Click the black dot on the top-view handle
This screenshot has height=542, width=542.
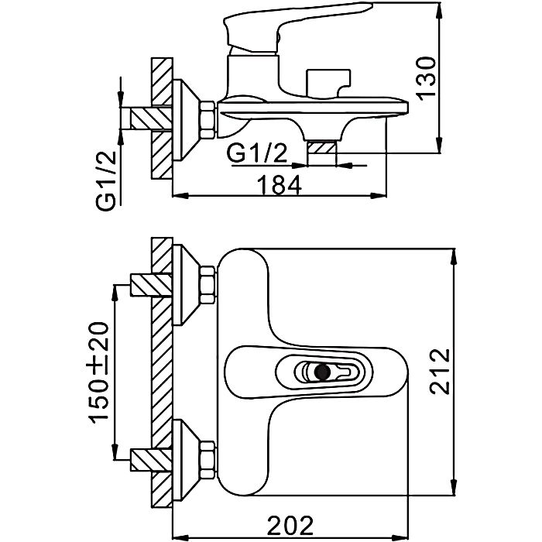(321, 372)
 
